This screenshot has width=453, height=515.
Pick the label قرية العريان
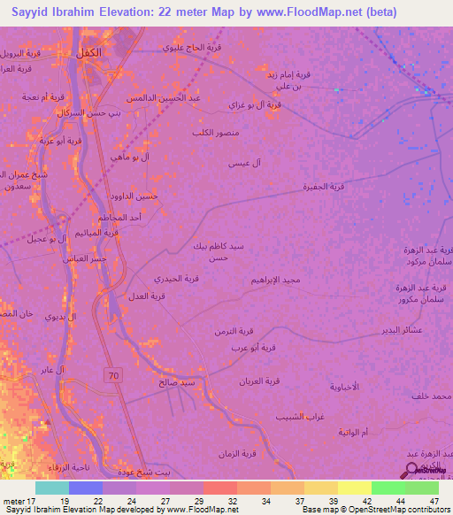coord(259,380)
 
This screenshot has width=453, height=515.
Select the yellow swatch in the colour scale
coord(355,488)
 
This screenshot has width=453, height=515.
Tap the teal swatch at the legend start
coord(51,488)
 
